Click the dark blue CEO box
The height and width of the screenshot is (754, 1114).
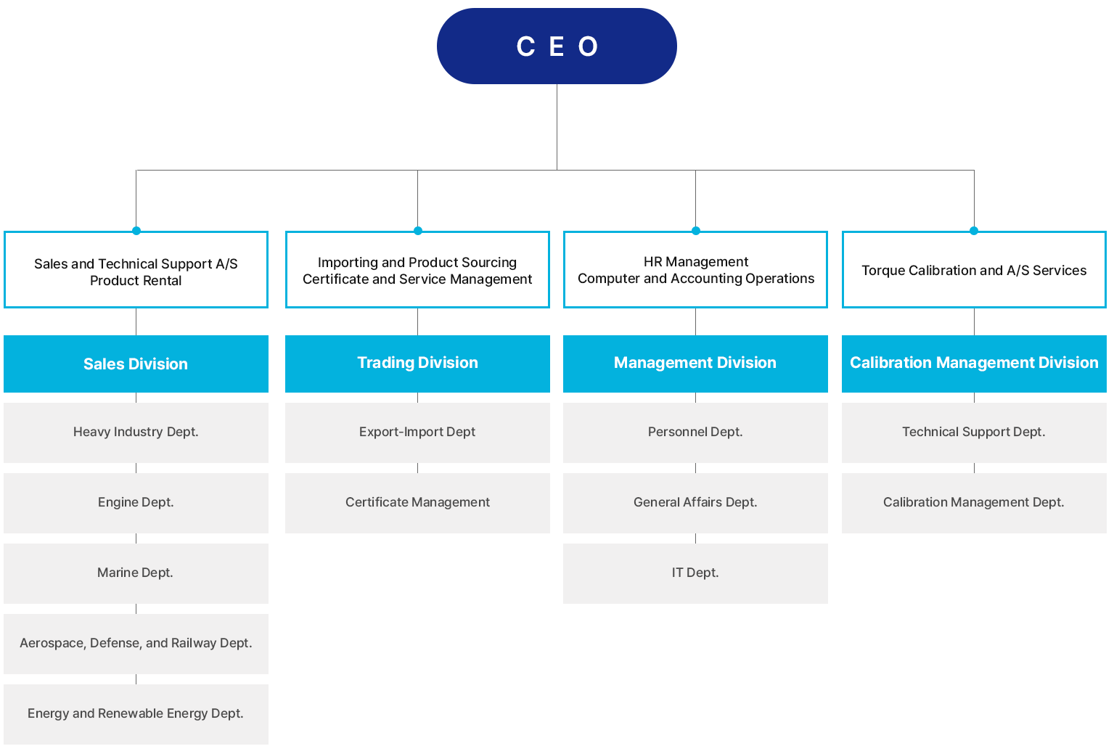(x=557, y=46)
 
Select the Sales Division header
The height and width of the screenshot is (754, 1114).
(x=136, y=364)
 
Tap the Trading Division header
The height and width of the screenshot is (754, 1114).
(x=417, y=364)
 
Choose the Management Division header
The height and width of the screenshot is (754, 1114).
(x=695, y=364)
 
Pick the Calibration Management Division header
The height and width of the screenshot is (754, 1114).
(x=974, y=364)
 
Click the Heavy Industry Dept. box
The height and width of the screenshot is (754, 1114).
(x=136, y=433)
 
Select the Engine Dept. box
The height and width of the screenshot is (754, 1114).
(x=136, y=503)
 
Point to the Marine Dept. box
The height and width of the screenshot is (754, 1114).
(x=136, y=573)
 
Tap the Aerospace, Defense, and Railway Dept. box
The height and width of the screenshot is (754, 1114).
(x=136, y=644)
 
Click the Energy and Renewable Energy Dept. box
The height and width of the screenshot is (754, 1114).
(x=136, y=714)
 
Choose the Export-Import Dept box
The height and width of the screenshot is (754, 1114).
(x=417, y=433)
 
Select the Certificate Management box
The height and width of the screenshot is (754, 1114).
(x=417, y=503)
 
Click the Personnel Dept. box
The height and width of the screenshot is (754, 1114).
(x=695, y=433)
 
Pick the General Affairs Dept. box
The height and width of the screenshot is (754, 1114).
(x=695, y=503)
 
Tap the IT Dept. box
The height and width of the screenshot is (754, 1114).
(x=695, y=573)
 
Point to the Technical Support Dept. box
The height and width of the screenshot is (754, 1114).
(x=974, y=433)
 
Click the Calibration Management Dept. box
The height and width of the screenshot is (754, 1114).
(x=974, y=503)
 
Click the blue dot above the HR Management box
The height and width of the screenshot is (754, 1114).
(x=696, y=231)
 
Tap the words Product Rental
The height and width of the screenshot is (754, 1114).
(x=136, y=281)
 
